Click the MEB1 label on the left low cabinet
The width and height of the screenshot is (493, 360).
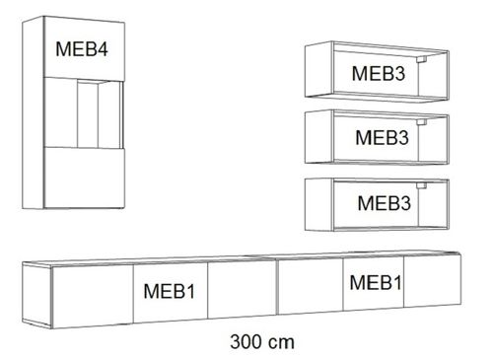point(169,293)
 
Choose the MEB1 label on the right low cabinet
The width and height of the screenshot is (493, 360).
point(376,283)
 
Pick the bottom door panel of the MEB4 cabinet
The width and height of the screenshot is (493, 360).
point(87,177)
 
